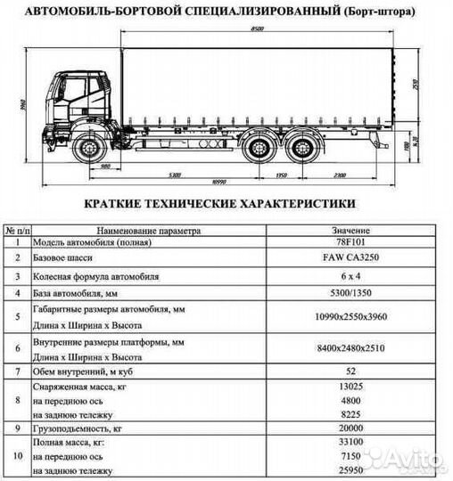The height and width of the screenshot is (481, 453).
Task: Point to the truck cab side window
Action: (73, 89)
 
